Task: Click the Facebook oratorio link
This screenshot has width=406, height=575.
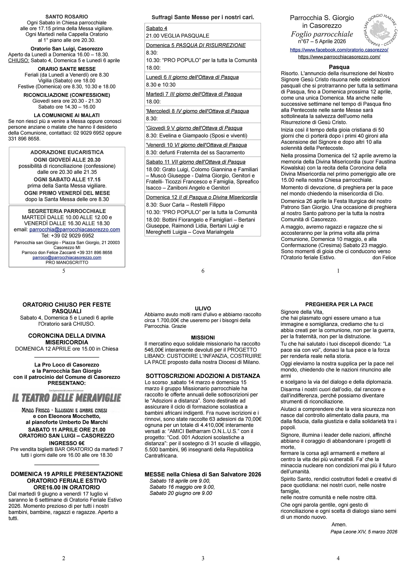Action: pyautogui.click(x=339, y=50)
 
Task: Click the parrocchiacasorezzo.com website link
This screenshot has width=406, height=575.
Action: pyautogui.click(x=339, y=57)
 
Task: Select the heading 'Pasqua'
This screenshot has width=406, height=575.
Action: pyautogui.click(x=339, y=67)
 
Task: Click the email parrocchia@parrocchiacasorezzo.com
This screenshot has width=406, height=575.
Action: pyautogui.click(x=75, y=230)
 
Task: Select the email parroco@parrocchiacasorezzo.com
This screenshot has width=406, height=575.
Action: pyautogui.click(x=67, y=257)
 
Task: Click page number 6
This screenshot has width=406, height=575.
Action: pyautogui.click(x=203, y=271)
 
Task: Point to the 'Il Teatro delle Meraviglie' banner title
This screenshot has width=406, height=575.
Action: pyautogui.click(x=66, y=398)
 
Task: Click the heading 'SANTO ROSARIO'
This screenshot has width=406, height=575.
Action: pyautogui.click(x=66, y=17)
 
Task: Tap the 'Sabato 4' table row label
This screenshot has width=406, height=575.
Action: pyautogui.click(x=156, y=29)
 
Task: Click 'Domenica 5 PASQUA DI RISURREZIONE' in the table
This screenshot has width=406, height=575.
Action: pyautogui.click(x=196, y=45)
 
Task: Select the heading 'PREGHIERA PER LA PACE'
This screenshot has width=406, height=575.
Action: pyautogui.click(x=339, y=304)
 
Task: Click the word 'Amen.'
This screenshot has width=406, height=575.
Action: pyautogui.click(x=339, y=525)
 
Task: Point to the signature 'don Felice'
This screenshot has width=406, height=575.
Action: pyautogui.click(x=384, y=257)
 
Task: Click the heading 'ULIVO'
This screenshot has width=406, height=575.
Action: pyautogui.click(x=203, y=309)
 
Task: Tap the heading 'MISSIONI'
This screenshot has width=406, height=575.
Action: pyautogui.click(x=203, y=338)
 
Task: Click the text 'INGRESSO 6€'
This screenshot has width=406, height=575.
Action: pyautogui.click(x=66, y=443)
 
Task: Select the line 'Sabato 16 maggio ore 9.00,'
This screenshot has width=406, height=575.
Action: pyautogui.click(x=182, y=487)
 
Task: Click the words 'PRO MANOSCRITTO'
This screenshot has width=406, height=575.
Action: pyautogui.click(x=67, y=262)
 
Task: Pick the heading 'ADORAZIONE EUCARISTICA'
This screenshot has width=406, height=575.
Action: pyautogui.click(x=67, y=152)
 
